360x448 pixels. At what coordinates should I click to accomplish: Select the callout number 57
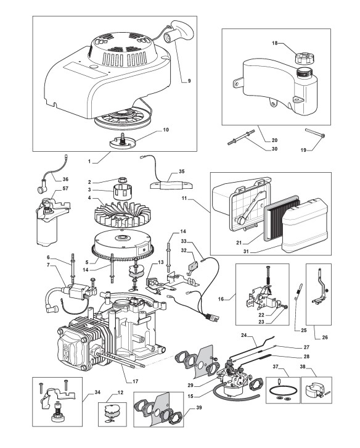65,188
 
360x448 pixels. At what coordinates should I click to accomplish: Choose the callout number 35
182,172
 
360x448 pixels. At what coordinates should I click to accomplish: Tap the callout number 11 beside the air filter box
184,198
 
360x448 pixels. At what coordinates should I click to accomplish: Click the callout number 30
274,149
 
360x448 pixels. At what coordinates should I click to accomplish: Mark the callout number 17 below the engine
136,381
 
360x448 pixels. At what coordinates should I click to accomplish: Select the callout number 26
325,338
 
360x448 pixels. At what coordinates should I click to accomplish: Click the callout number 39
199,407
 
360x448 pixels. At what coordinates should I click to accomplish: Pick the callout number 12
120,392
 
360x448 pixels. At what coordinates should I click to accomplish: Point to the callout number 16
221,299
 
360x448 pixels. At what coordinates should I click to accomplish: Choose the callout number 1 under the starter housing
89,162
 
